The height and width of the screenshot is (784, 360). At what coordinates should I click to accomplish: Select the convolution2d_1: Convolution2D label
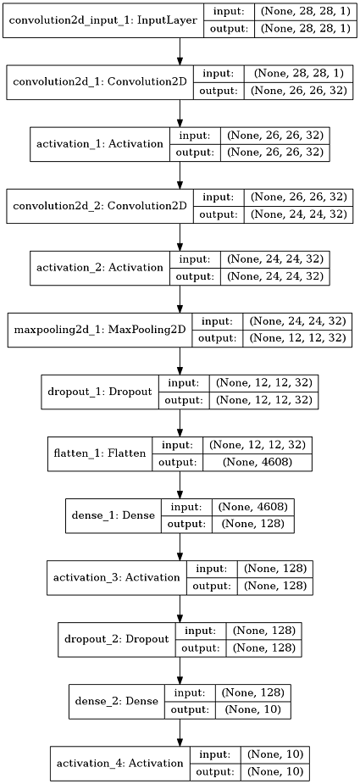coord(99,81)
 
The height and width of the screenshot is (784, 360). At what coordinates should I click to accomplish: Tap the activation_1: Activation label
coord(100,143)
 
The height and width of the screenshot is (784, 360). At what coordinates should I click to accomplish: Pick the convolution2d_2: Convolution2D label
coord(99,205)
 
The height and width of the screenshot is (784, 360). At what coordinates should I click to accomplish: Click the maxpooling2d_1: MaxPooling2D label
coord(99,329)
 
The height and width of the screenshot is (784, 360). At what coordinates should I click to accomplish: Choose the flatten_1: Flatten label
coord(98,453)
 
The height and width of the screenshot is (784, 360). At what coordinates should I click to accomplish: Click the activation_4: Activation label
coord(120,763)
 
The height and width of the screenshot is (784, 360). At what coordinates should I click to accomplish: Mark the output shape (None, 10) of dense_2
coord(254,709)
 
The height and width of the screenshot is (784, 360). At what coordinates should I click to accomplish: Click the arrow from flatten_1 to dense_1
coord(180,485)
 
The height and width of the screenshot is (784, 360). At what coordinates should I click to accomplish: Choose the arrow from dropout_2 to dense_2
coord(180,670)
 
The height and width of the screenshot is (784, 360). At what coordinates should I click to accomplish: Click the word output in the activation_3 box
coord(212,586)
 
